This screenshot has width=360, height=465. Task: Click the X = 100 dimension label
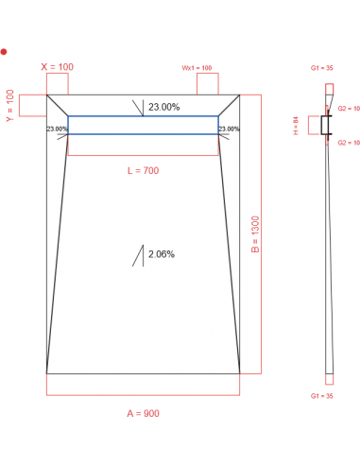pos(70,66)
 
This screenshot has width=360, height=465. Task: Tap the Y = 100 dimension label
pos(10,106)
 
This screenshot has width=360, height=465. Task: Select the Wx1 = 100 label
pos(197,68)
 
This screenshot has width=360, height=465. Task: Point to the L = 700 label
pos(144,171)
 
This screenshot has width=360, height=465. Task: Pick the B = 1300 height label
pos(254,233)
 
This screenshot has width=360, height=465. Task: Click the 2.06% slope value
pos(161,254)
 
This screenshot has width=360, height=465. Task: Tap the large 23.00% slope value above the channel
pos(163,108)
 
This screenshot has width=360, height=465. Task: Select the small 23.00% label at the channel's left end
pos(57,129)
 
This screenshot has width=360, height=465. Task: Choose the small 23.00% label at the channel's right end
pos(229,129)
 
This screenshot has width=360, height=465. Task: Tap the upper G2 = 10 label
pos(349,110)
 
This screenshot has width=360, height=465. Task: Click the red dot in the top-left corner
pos(4,51)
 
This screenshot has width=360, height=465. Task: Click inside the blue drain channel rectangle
pos(142,125)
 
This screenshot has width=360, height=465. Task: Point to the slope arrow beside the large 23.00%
pos(139,107)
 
